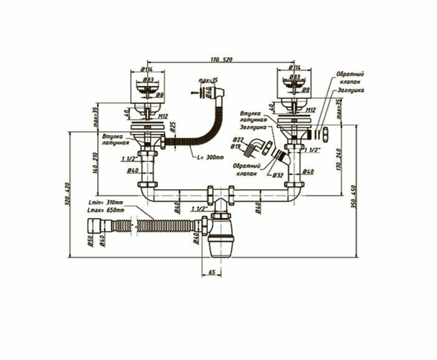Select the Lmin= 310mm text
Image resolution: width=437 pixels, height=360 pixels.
106,204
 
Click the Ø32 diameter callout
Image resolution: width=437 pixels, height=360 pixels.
278,176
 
